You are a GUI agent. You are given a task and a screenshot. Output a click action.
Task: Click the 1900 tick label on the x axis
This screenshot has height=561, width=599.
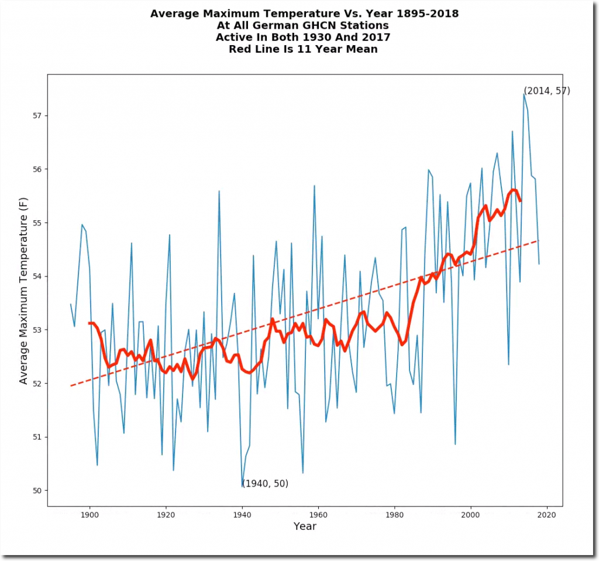click(x=89, y=514)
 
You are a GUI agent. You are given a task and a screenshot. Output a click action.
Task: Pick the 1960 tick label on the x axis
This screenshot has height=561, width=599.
click(x=318, y=514)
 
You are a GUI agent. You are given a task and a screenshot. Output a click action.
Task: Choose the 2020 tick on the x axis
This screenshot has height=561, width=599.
click(x=547, y=507)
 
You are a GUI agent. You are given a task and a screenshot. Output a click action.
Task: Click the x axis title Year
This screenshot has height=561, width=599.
click(x=305, y=526)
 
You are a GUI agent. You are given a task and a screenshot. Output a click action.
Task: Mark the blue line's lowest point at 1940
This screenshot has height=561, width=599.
click(x=242, y=486)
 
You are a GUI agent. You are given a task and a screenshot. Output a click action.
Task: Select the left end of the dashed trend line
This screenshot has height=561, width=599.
click(x=71, y=386)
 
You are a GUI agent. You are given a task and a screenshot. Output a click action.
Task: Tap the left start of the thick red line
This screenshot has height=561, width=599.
click(x=89, y=323)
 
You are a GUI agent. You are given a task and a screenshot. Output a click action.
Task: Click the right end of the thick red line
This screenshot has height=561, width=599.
click(x=520, y=201)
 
